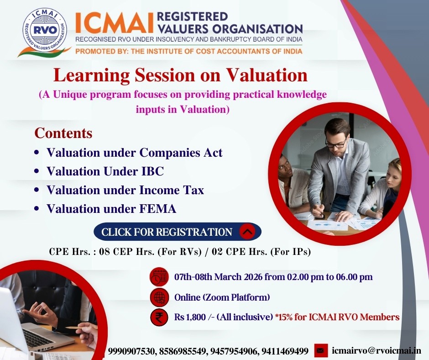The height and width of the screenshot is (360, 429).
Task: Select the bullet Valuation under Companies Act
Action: pos(134,152)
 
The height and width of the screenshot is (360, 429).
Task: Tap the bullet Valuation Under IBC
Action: pos(105,171)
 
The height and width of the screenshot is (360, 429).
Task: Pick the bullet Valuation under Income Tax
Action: pos(125,190)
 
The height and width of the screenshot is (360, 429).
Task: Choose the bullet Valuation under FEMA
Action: pos(111,209)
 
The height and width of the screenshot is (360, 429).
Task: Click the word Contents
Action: pos(63,133)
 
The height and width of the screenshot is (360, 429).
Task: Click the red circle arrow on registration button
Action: pos(247,232)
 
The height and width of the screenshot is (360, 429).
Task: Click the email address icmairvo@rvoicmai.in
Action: pos(377,350)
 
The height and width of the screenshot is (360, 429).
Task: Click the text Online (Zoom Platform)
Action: pos(222,297)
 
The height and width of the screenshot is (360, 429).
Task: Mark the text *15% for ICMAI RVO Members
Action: pos(337,317)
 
